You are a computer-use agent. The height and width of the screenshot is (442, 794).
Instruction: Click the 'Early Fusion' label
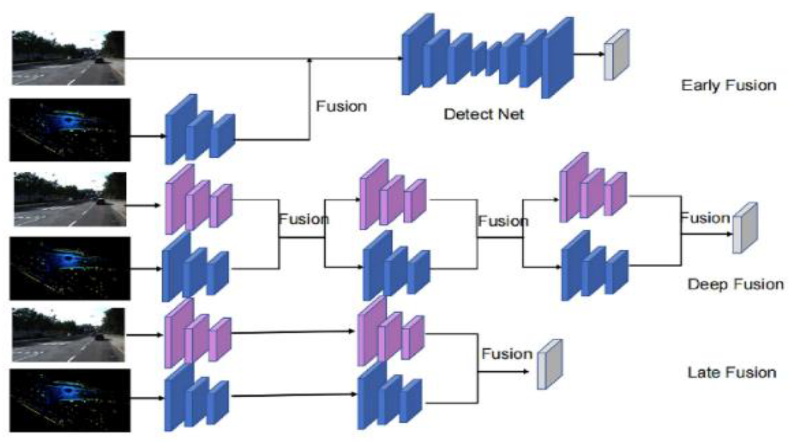pyautogui.click(x=728, y=85)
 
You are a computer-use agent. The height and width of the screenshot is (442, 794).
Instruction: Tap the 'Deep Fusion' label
pyautogui.click(x=735, y=285)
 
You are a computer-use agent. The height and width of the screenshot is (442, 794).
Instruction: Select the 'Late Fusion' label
pyautogui.click(x=732, y=373)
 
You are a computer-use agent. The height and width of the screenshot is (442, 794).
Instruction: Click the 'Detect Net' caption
pyautogui.click(x=484, y=114)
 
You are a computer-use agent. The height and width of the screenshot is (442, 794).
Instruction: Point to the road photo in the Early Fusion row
pyautogui.click(x=68, y=58)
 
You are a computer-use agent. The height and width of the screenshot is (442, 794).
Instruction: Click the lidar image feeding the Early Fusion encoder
pyautogui.click(x=70, y=130)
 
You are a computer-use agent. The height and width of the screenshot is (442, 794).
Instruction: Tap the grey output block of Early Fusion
pyautogui.click(x=616, y=55)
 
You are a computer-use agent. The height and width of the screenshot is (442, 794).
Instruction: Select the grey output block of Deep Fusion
pyautogui.click(x=745, y=228)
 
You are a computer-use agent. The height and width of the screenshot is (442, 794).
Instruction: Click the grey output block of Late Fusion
pyautogui.click(x=550, y=364)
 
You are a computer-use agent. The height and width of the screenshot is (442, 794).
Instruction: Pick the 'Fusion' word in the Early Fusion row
pyautogui.click(x=341, y=106)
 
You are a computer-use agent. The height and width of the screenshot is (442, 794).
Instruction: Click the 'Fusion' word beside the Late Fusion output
pyautogui.click(x=507, y=354)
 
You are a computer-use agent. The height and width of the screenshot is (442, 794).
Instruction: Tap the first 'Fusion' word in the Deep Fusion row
pyautogui.click(x=303, y=219)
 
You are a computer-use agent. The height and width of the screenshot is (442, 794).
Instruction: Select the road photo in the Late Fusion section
pyautogui.click(x=69, y=335)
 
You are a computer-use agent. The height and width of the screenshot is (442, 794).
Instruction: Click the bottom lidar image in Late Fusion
pyautogui.click(x=70, y=400)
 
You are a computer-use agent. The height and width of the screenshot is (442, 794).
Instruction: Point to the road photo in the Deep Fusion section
pyautogui.click(x=70, y=199)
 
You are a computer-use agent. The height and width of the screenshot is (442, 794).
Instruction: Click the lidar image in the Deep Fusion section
pyautogui.click(x=70, y=268)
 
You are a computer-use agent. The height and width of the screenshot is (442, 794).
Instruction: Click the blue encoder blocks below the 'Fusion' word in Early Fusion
pyautogui.click(x=200, y=130)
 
